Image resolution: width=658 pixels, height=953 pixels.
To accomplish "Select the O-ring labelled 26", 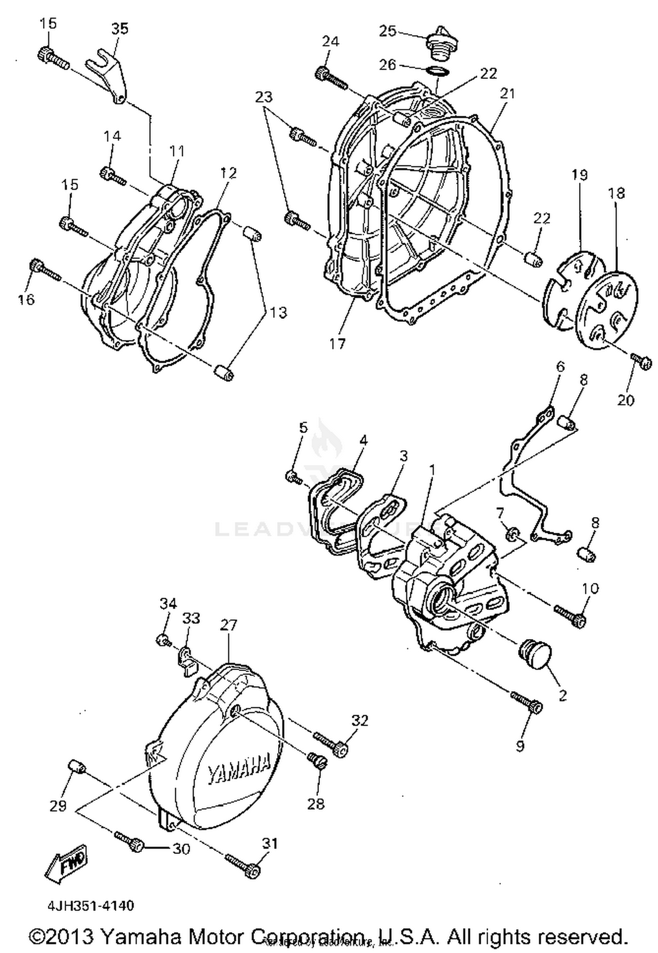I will pyautogui.click(x=437, y=72).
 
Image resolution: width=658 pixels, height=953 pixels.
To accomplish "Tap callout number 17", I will pyautogui.click(x=337, y=343).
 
